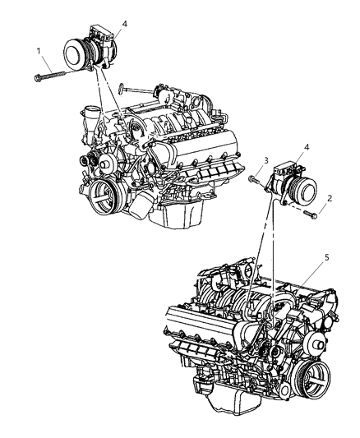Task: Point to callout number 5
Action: pos(304,280)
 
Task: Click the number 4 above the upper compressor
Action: pos(124,25)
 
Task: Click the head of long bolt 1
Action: pos(39,79)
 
